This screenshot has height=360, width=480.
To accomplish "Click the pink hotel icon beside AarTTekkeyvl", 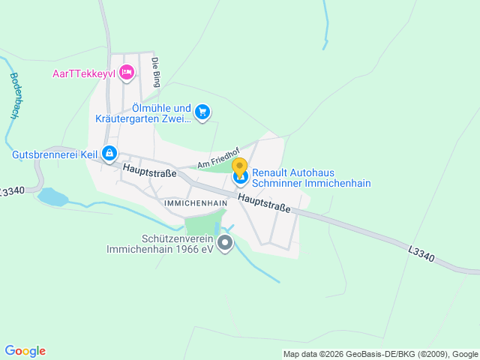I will point(127,72).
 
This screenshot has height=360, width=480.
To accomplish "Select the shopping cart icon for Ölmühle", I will point(202,112).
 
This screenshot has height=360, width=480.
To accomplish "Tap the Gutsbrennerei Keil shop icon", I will point(109,154).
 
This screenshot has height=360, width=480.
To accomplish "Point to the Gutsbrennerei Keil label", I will point(55,154).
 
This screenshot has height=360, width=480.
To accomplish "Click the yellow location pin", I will point(239,167).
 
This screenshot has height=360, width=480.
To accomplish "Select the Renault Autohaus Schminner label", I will point(311,177).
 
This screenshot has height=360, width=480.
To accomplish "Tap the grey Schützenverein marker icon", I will point(224,243).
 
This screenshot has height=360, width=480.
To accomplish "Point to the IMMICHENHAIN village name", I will point(194,203).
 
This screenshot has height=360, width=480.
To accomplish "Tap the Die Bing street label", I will point(156,73).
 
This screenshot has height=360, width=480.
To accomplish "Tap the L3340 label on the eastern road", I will point(421,255).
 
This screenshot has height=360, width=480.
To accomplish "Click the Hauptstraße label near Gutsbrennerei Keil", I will point(150,172).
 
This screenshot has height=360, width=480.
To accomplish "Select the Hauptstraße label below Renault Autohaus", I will point(265,203).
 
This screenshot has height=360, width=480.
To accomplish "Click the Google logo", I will point(25,351).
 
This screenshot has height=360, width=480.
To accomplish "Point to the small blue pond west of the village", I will point(51,197).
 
